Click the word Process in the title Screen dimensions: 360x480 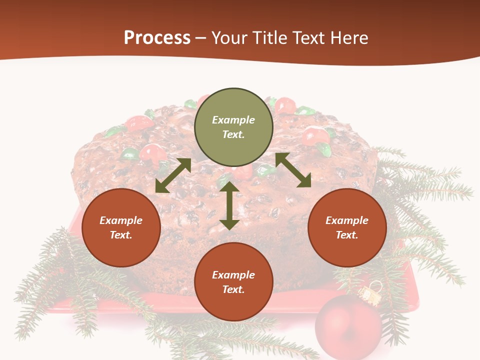[157, 38]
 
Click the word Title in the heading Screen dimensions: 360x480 [270, 38]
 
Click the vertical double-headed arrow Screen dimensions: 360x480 [229, 205]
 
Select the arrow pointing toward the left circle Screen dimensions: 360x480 [173, 175]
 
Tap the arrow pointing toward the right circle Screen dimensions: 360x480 [293, 170]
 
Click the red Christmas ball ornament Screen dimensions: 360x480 [348, 326]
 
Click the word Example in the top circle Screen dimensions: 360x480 [233, 120]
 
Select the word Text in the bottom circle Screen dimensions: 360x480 [233, 289]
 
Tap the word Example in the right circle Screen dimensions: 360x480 [347, 220]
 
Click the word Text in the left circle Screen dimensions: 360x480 [121, 235]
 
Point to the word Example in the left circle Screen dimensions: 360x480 [121, 220]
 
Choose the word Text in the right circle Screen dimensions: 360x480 [347, 235]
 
